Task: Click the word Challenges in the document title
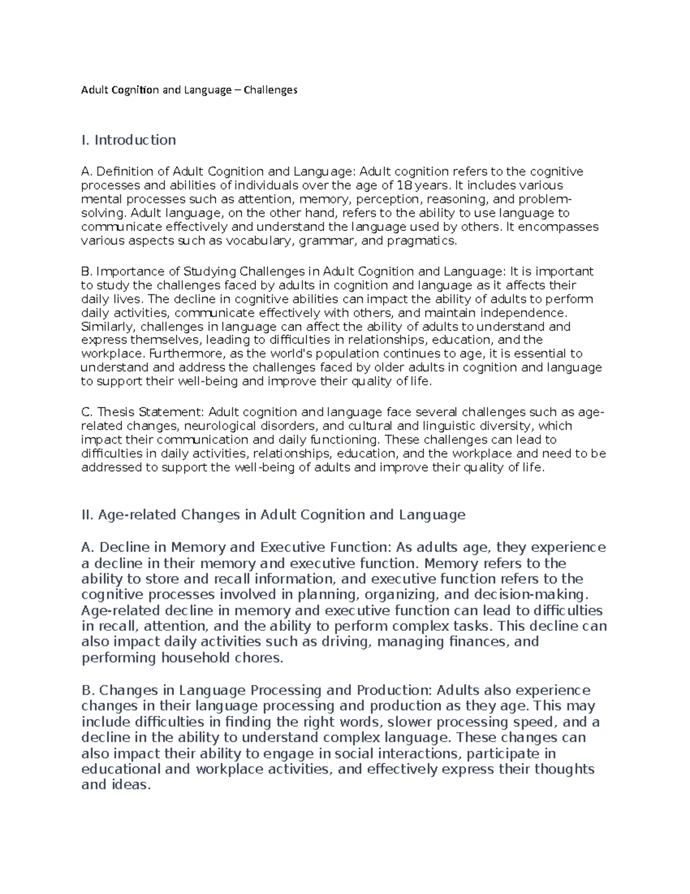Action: pos(270,90)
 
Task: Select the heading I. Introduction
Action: pos(129,140)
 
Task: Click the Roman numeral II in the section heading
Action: pos(87,515)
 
